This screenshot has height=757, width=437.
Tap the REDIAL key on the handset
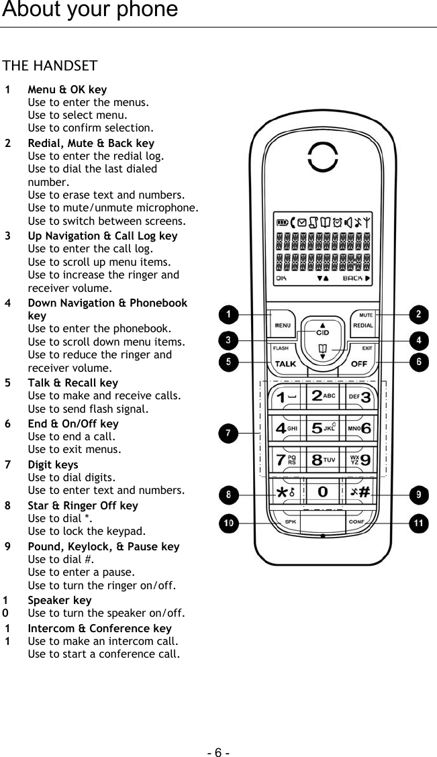coord(363,323)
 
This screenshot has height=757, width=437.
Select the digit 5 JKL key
coord(322,427)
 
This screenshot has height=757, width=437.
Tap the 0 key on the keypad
coord(322,492)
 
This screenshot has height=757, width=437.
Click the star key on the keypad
coord(285,492)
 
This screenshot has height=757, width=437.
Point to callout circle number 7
coord(229,434)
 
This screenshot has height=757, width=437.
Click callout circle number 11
coord(419,522)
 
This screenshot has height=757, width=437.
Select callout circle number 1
coord(229,314)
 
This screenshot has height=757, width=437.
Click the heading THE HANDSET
coord(50,66)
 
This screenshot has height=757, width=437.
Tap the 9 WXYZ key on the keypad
coord(360,460)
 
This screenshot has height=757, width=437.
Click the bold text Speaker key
coord(60,600)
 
